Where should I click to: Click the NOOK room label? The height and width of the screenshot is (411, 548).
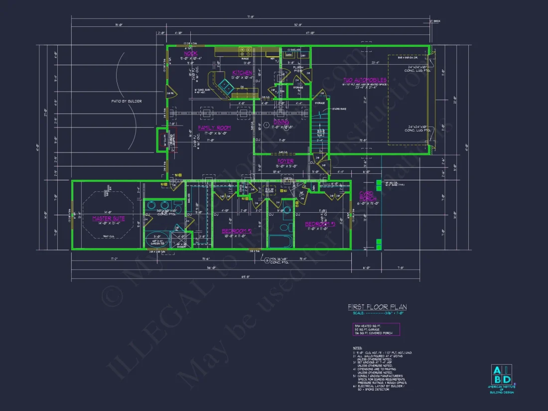click(191, 53)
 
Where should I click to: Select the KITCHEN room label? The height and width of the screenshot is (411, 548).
click(242, 73)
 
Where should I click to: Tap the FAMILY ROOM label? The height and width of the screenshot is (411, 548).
click(214, 128)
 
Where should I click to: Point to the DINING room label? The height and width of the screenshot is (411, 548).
click(281, 122)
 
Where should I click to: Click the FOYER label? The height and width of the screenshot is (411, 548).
click(285, 161)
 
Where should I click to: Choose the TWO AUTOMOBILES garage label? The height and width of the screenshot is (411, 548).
click(365, 80)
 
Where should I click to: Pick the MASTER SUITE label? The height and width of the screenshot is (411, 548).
click(109, 218)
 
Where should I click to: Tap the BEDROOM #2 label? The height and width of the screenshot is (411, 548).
click(236, 231)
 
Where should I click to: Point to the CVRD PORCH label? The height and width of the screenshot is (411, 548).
click(368, 196)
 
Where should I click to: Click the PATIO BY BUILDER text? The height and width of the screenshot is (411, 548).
click(127, 101)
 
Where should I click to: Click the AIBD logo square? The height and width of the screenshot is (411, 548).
click(501, 375)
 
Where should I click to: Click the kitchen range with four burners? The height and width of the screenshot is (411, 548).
click(245, 50)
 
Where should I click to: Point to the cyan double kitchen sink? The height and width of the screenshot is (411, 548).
click(226, 88)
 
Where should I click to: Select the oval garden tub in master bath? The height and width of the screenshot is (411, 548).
click(156, 243)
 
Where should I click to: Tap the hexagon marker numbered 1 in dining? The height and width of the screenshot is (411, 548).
click(267, 124)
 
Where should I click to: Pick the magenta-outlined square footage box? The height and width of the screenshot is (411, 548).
click(376, 329)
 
